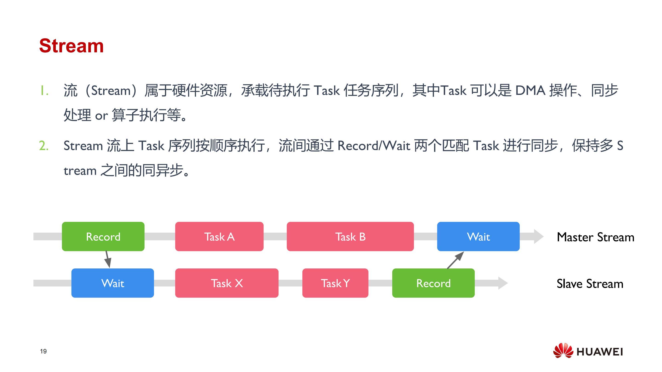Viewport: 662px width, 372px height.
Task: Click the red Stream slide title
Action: click(x=71, y=46)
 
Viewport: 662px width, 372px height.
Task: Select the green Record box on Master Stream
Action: click(x=103, y=236)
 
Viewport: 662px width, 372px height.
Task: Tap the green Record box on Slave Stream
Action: click(x=433, y=283)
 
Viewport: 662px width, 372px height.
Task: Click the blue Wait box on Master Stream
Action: click(x=478, y=236)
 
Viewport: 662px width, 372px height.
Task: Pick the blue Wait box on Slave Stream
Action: click(x=113, y=283)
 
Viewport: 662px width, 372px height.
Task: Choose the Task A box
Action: click(x=219, y=236)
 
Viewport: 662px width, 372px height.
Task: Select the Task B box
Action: click(x=350, y=236)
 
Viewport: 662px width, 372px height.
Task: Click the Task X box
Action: click(x=227, y=283)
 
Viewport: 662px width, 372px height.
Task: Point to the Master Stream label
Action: click(x=595, y=237)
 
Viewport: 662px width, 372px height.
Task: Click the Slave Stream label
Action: click(x=590, y=284)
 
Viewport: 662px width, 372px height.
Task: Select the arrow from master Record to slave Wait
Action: click(x=108, y=259)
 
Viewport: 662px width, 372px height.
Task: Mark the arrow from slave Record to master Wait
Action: click(x=455, y=260)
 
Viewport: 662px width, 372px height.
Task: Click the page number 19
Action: click(x=43, y=351)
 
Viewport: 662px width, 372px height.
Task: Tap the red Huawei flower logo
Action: click(x=563, y=350)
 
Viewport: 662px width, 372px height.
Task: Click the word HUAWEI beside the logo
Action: click(x=599, y=352)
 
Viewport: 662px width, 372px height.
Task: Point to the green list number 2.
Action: click(x=44, y=145)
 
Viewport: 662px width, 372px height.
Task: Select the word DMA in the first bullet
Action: click(x=530, y=90)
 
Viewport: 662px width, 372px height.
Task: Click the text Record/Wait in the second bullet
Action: click(x=374, y=146)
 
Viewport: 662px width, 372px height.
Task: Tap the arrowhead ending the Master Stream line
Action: click(x=539, y=236)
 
